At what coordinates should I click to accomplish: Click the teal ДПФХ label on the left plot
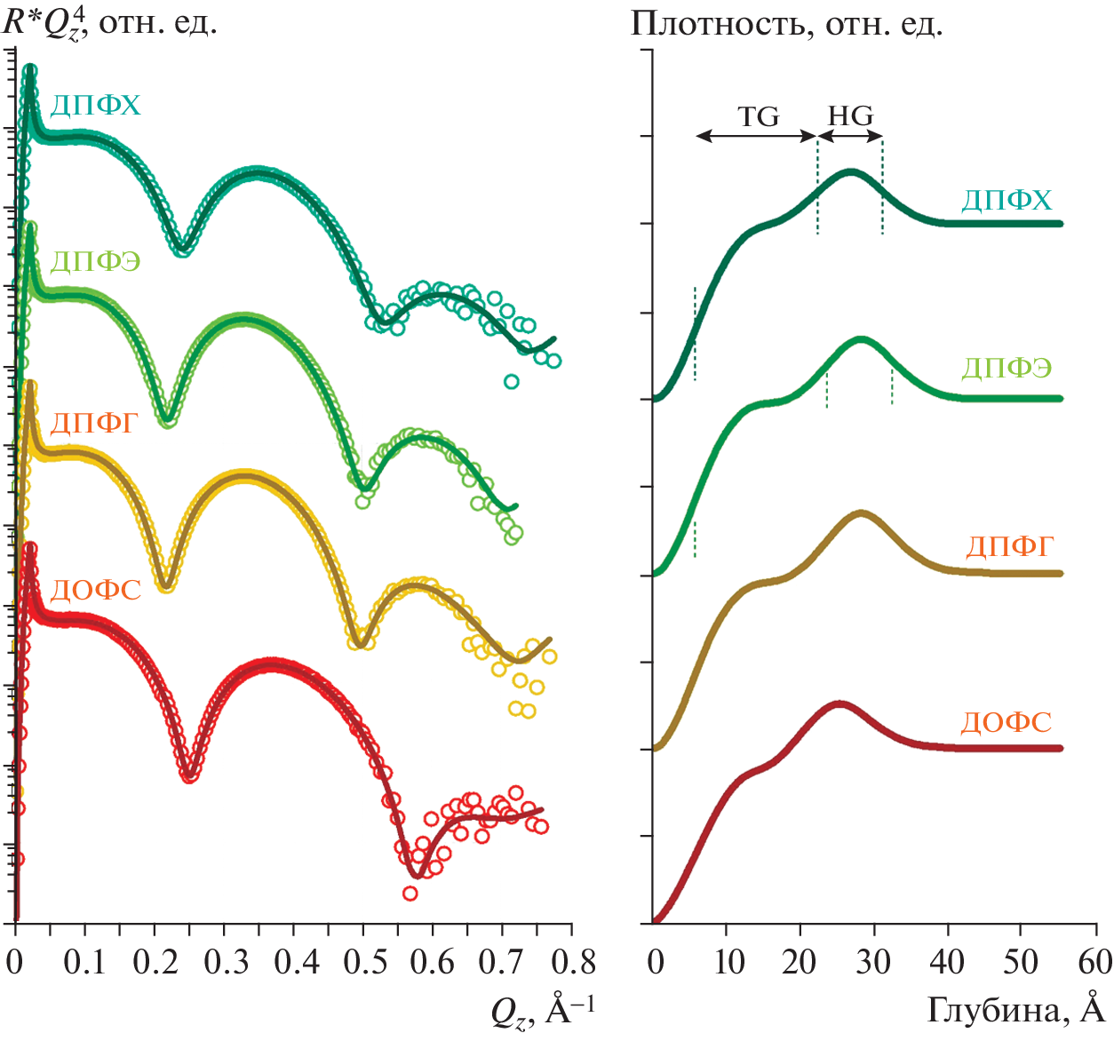tap(96, 106)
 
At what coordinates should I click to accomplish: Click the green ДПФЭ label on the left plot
tap(95, 261)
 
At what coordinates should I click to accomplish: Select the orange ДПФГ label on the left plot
tap(95, 423)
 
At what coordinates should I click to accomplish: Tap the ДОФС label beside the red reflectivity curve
tap(95, 590)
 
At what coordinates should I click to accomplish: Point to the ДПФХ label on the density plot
tap(1007, 200)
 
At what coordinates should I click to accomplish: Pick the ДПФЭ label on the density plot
tap(1007, 368)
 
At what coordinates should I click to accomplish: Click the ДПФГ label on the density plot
tap(1009, 545)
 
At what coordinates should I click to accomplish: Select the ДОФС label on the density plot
tap(1006, 722)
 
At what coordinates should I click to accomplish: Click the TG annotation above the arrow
tap(759, 116)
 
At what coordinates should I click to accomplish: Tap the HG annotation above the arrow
tap(850, 116)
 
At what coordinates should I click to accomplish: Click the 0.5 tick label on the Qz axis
tap(364, 963)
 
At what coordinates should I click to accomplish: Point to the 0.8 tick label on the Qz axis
tap(573, 963)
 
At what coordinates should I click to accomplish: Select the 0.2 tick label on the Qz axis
tap(155, 963)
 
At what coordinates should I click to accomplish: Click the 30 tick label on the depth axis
tap(874, 961)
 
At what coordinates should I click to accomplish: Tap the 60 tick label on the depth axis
tap(1094, 961)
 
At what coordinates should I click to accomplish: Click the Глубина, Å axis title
tap(1015, 1010)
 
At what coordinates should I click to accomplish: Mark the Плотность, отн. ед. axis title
tap(786, 24)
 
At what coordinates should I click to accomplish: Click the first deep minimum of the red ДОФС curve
tap(188, 775)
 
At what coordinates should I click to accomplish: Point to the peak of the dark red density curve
tap(839, 703)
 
